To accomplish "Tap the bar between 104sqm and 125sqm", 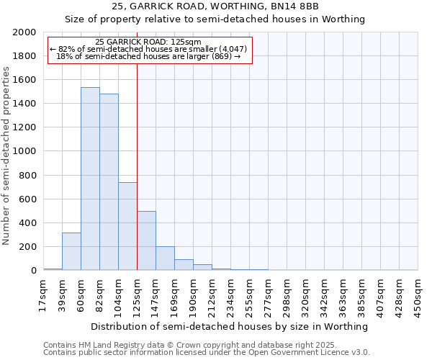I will click(127, 226).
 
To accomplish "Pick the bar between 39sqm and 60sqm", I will click(71, 251).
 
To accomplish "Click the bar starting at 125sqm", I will click(146, 240).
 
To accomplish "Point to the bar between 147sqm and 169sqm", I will click(165, 258).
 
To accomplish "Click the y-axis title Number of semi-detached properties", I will click(7, 156).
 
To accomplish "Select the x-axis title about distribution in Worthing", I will click(230, 326).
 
